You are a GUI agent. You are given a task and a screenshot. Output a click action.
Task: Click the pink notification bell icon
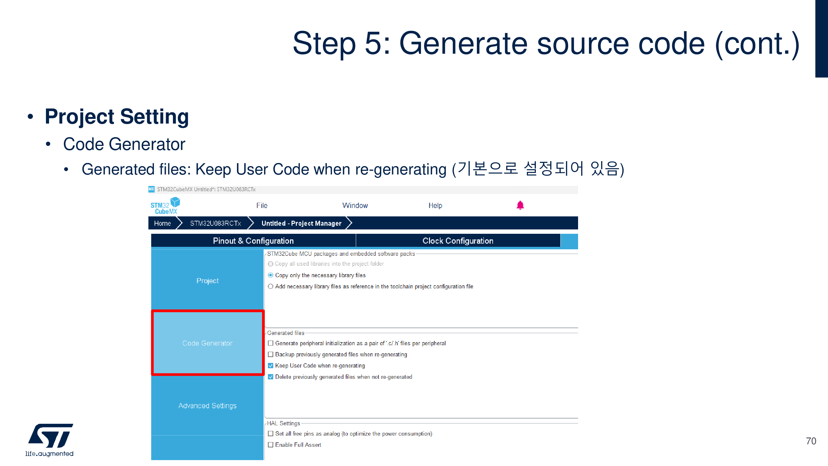[520, 205]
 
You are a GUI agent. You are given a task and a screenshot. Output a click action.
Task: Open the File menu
[262, 205]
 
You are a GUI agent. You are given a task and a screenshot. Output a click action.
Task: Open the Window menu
[355, 205]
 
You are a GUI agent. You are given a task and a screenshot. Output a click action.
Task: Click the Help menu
[435, 205]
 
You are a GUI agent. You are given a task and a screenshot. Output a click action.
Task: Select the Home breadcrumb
[162, 223]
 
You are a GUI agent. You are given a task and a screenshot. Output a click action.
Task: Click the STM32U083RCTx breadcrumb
[215, 223]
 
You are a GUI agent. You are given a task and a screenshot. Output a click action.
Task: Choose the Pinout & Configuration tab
[253, 241]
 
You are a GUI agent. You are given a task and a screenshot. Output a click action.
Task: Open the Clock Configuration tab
[458, 241]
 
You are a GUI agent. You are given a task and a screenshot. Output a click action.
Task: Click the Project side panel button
[207, 281]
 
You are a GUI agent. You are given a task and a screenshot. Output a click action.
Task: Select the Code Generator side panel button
[207, 343]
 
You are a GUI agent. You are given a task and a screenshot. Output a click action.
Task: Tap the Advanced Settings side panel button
[207, 405]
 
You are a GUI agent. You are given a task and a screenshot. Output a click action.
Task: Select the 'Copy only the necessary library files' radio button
[271, 275]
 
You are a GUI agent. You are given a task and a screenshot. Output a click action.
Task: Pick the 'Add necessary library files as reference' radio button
[271, 286]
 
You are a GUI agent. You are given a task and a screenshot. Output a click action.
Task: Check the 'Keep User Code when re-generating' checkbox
[271, 366]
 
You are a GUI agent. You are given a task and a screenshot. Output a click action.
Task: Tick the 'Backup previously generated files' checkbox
[271, 355]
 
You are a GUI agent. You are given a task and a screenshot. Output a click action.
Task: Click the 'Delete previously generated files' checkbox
[271, 377]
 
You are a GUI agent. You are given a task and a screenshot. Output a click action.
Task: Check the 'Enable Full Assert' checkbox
[271, 445]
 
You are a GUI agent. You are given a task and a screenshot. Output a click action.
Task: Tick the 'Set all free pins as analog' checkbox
[271, 433]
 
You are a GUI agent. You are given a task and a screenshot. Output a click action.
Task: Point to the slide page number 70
[811, 441]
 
